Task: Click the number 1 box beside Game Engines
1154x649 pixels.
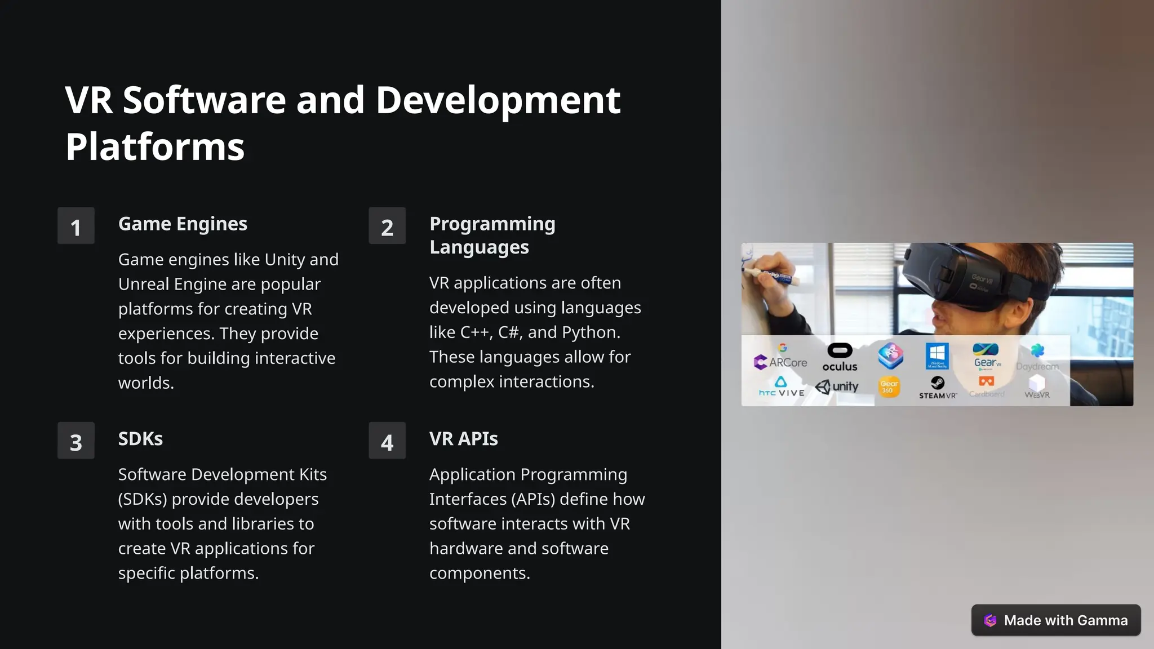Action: [x=76, y=226]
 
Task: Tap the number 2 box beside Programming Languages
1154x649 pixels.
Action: [x=387, y=226]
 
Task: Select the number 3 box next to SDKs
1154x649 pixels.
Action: [x=76, y=441]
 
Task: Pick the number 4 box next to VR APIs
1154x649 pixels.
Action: [x=387, y=441]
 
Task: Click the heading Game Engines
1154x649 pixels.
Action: [x=183, y=224]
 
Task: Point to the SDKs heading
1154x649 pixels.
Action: [x=140, y=438]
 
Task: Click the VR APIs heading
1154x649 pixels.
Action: [x=463, y=438]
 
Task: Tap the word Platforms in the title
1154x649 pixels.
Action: [x=155, y=146]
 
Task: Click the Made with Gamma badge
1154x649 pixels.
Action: [x=1055, y=620]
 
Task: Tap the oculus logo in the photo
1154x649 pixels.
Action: [x=840, y=358]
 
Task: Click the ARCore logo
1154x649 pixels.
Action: [x=780, y=361]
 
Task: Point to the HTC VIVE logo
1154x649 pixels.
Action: [x=781, y=388]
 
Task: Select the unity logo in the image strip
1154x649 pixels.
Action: [x=837, y=386]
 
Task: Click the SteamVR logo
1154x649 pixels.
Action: [x=938, y=388]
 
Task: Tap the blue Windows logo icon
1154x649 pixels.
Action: [x=937, y=355]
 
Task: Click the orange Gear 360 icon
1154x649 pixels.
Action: [x=889, y=387]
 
